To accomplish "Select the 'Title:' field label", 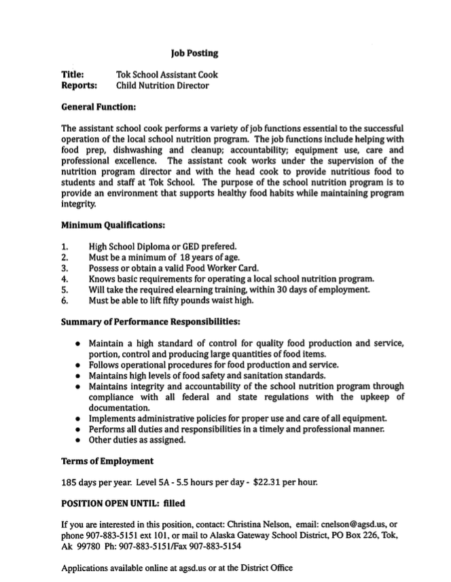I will click(x=73, y=75).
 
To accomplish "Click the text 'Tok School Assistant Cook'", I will click(x=167, y=75).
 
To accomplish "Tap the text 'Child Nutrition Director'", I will click(x=162, y=86).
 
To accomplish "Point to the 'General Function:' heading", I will click(x=98, y=107).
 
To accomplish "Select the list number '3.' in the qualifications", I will click(x=65, y=268).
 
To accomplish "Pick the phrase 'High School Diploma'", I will click(x=131, y=246).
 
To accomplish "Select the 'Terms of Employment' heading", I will click(x=107, y=461).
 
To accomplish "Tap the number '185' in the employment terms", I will click(x=69, y=483).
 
